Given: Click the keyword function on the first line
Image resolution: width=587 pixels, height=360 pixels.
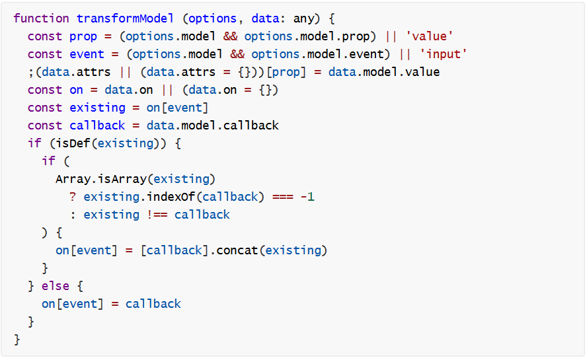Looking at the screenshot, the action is pyautogui.click(x=41, y=18).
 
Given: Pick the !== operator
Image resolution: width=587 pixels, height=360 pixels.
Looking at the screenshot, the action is pyautogui.click(x=157, y=215).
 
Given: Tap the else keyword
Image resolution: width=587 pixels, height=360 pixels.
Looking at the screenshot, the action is pyautogui.click(x=56, y=286).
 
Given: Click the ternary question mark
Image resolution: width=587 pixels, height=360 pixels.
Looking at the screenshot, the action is pyautogui.click(x=73, y=197).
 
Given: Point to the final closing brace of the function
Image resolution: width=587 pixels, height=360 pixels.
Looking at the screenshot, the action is pyautogui.click(x=17, y=340).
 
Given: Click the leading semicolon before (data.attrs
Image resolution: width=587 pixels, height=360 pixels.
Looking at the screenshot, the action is pyautogui.click(x=30, y=72).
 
